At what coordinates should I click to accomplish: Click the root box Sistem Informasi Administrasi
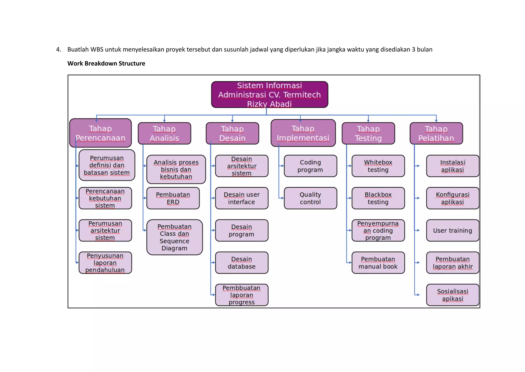pyautogui.click(x=269, y=94)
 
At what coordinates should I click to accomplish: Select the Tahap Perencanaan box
pyautogui.click(x=100, y=133)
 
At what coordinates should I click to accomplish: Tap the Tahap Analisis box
pyautogui.click(x=164, y=133)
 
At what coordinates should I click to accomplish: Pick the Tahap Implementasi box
pyautogui.click(x=303, y=133)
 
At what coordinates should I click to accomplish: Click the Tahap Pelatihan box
pyautogui.click(x=436, y=133)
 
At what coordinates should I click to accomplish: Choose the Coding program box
pyautogui.click(x=310, y=166)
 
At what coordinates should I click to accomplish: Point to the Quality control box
pyautogui.click(x=310, y=198)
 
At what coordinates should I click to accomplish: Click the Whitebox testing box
pyautogui.click(x=378, y=166)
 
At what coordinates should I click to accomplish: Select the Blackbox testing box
pyautogui.click(x=378, y=198)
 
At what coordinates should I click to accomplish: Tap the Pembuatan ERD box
pyautogui.click(x=173, y=198)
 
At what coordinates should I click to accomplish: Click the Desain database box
pyautogui.click(x=241, y=263)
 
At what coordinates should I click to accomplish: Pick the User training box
pyautogui.click(x=452, y=230)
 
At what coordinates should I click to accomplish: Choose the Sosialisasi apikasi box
pyautogui.click(x=452, y=295)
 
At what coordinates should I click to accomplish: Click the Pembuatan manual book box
pyautogui.click(x=378, y=263)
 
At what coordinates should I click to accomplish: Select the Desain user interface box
pyautogui.click(x=241, y=198)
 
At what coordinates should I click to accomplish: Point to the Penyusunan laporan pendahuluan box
pyautogui.click(x=105, y=263)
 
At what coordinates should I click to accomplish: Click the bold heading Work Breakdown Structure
pyautogui.click(x=106, y=63)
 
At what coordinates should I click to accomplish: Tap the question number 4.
pyautogui.click(x=58, y=50)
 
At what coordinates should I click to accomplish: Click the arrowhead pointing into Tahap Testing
pyautogui.click(x=368, y=121)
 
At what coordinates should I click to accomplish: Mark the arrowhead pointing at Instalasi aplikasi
pyautogui.click(x=418, y=166)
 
